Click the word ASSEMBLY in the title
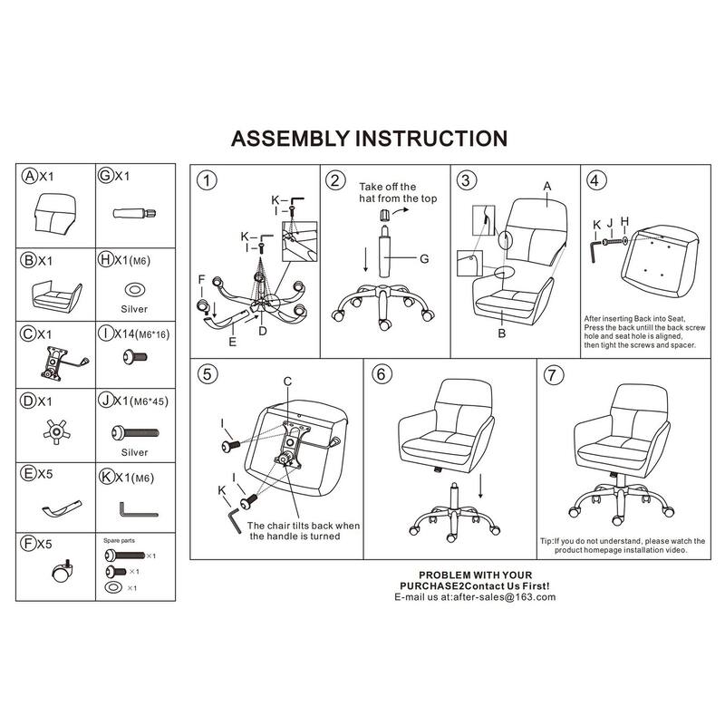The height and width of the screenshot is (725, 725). point(290,139)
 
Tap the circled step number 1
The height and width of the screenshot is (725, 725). point(207,180)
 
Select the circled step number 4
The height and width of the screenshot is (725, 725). point(595,179)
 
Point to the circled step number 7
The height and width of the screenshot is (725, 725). point(553,375)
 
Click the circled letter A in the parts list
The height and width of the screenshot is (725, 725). point(30,176)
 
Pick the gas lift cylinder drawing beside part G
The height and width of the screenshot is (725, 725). point(134,214)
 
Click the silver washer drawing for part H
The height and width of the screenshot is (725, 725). point(134,290)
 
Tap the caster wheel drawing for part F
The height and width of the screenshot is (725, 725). point(63,572)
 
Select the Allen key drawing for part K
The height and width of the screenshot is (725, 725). point(139,509)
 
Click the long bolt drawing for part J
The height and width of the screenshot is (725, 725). point(135,433)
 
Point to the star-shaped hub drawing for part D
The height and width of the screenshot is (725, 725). point(56,432)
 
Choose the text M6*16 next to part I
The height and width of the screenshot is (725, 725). point(155,333)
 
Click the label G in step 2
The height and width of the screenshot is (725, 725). point(424,259)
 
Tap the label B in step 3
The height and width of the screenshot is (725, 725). point(502,333)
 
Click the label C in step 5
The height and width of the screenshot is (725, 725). point(287,382)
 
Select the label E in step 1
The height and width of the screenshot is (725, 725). point(233,342)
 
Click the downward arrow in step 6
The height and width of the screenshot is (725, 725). point(481,486)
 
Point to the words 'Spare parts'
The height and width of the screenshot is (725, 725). point(119,540)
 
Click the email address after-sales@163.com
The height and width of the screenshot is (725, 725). point(504,597)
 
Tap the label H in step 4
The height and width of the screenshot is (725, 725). point(624,221)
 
